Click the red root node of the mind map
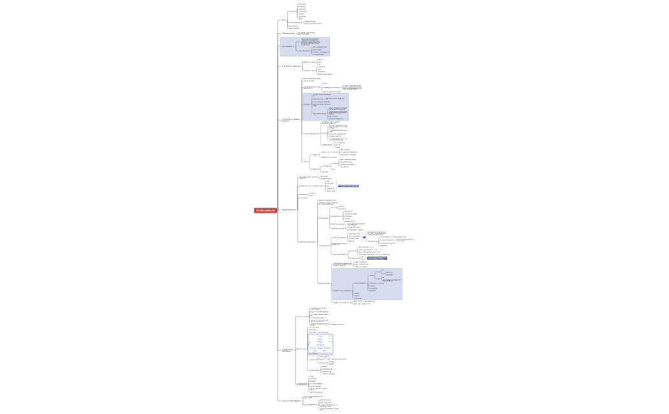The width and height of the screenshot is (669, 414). point(266,210)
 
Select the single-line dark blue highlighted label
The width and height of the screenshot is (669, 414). point(349,186)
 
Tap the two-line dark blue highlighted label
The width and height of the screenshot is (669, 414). point(377,258)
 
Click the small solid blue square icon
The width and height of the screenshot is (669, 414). point(364,238)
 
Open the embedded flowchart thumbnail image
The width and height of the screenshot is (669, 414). point(320,344)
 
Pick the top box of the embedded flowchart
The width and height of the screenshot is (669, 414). point(320,336)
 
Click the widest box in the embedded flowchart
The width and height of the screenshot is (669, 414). point(320,345)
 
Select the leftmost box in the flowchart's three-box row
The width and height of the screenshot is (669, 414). point(313,348)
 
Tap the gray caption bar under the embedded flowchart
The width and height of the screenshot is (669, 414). point(320,353)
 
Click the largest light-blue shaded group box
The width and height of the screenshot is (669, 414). point(367,284)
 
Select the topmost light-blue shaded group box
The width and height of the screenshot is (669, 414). point(305,46)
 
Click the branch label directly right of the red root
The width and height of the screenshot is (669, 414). point(289,210)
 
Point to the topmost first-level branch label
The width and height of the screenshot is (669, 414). point(284,20)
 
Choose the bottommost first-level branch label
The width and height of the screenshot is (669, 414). point(291,401)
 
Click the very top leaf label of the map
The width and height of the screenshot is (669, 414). point(302,4)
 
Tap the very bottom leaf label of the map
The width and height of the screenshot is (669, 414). point(329,408)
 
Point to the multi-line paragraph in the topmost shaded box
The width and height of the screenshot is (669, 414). point(310,41)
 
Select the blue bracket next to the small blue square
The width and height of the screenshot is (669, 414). point(360,238)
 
